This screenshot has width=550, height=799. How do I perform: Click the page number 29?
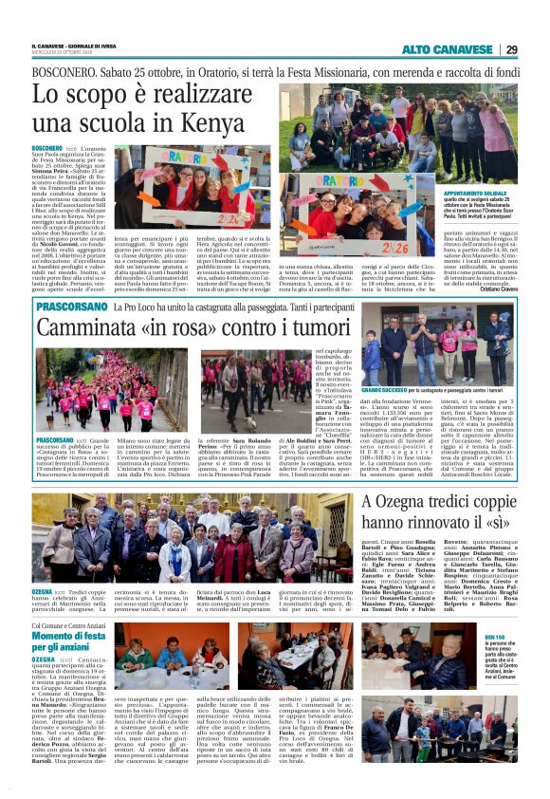click(x=537, y=49)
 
